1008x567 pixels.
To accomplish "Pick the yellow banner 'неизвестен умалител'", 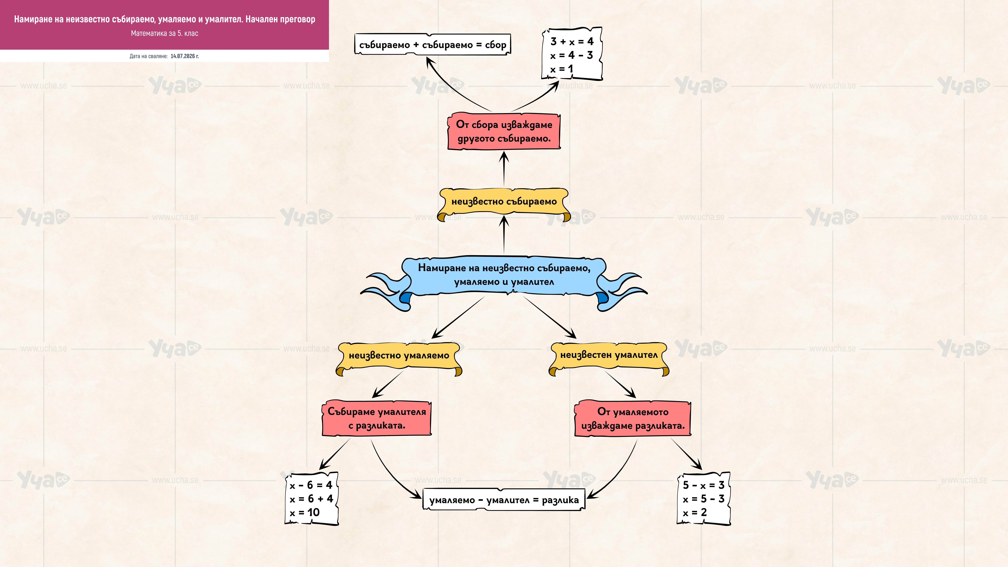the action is click(x=609, y=356).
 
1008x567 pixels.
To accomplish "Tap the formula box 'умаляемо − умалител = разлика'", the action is click(x=504, y=500).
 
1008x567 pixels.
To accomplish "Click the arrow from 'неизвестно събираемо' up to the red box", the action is click(x=504, y=169).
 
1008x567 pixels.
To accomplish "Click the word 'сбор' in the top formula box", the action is click(x=496, y=45).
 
